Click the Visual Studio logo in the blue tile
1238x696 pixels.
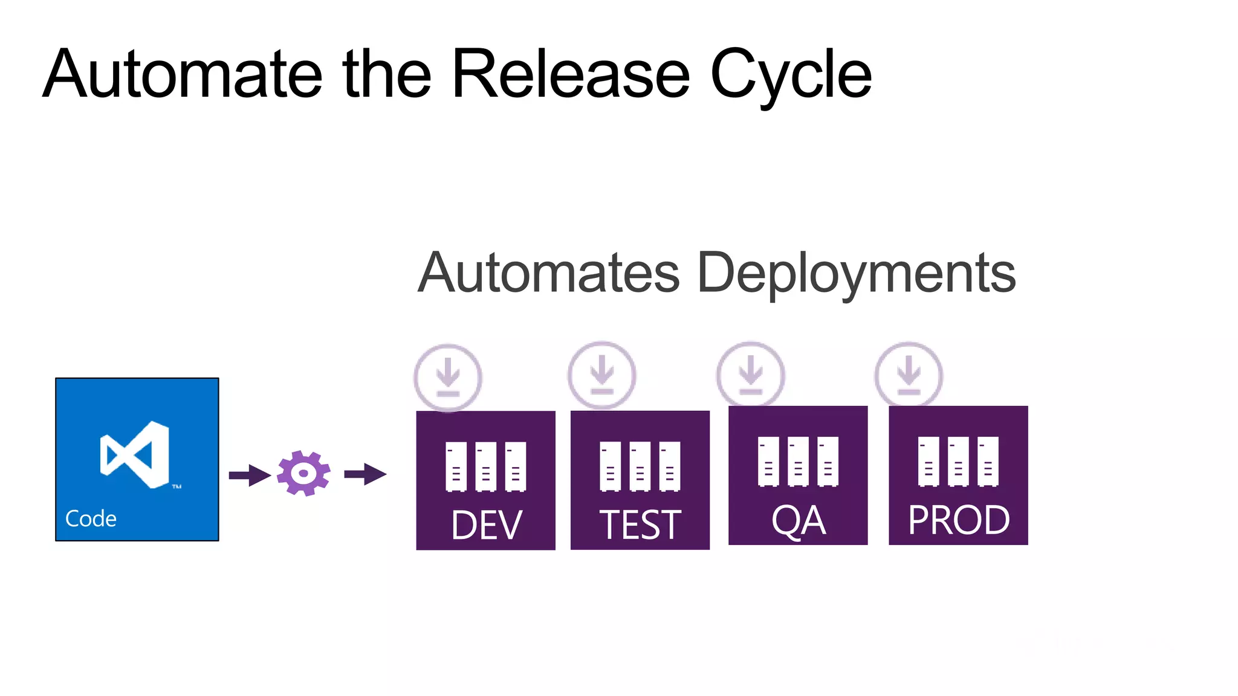[135, 454]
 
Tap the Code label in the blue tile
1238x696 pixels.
[91, 519]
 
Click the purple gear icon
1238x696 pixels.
[303, 473]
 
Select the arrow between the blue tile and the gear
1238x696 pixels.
[249, 475]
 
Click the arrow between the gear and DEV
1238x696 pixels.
[365, 474]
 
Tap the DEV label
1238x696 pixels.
[486, 525]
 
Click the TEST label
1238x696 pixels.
[640, 525]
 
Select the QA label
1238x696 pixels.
[798, 521]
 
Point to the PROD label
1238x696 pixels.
[959, 520]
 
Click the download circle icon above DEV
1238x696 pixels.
[448, 378]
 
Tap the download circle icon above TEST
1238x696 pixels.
[602, 376]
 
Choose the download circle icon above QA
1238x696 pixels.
[751, 375]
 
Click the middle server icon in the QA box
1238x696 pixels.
[798, 462]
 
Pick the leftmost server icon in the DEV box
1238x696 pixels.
[456, 466]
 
